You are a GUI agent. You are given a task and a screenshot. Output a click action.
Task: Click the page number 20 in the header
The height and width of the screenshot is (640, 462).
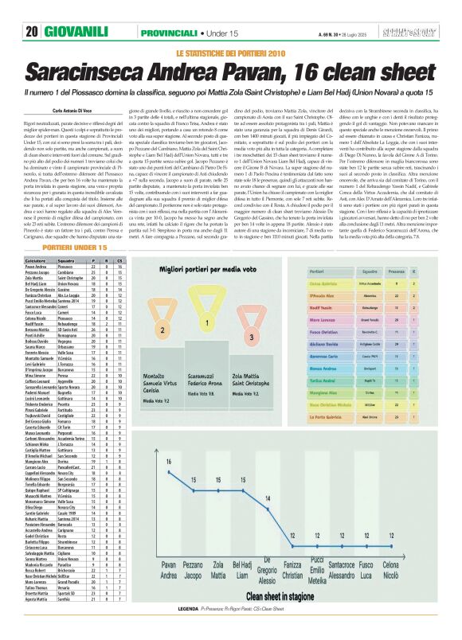pyautogui.click(x=32, y=32)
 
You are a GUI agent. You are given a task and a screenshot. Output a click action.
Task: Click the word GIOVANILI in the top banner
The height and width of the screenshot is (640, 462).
pyautogui.click(x=75, y=32)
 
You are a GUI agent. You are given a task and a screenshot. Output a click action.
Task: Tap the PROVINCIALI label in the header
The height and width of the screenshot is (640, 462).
pyautogui.click(x=166, y=32)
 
